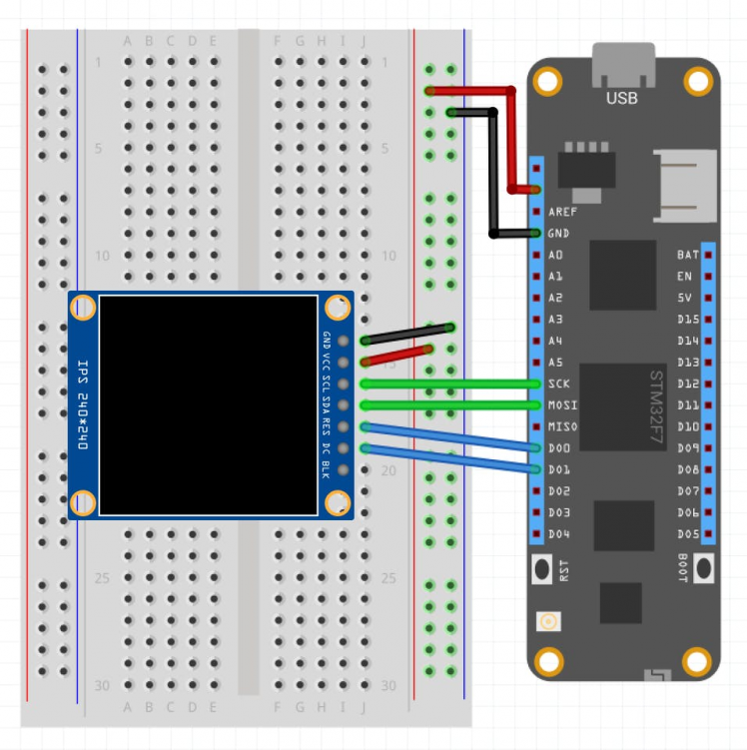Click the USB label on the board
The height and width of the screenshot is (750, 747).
pos(621,98)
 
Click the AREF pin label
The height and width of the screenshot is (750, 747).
pos(562,212)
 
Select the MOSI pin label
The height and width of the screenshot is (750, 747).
pos(562,405)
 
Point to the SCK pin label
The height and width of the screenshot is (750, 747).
pos(559,383)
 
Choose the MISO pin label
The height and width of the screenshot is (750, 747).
pos(562,427)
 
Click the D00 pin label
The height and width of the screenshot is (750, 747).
pos(559,448)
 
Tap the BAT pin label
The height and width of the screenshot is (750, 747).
pos(687,255)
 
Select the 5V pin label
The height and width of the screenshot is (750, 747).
pos(685,298)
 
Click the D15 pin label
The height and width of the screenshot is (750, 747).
pos(687,320)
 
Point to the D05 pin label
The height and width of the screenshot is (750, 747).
pos(687,534)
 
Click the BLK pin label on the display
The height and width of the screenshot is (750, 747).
pos(326,469)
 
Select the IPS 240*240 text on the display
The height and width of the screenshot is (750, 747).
pos(83,404)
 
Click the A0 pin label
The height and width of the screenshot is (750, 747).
pos(556,255)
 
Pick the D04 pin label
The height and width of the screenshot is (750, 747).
pos(559,534)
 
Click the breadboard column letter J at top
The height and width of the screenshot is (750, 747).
pos(364,41)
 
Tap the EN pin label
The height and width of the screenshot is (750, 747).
pos(684,277)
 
